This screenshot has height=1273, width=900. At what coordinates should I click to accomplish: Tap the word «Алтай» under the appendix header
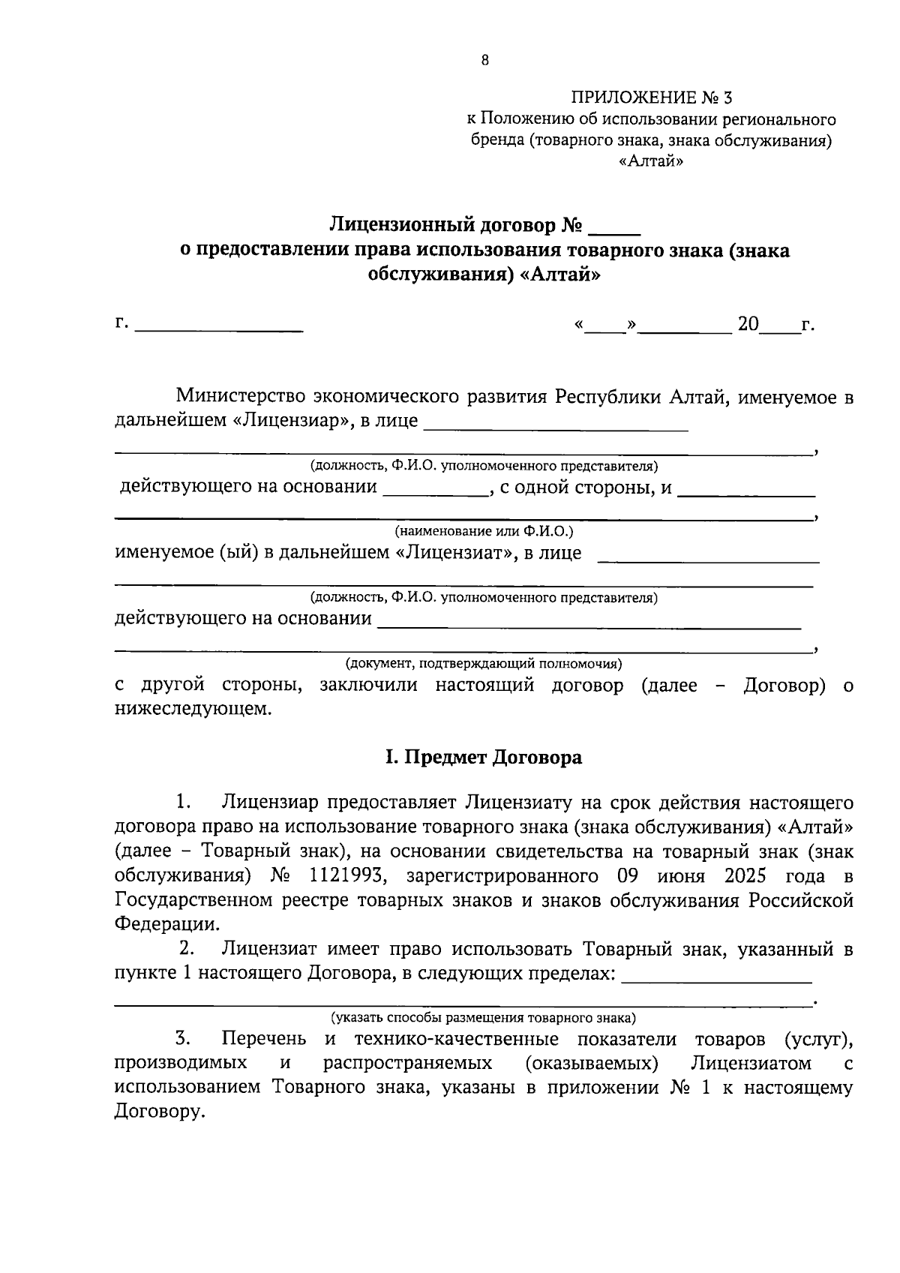(652, 161)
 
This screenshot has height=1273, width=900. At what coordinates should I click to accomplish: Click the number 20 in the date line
(748, 325)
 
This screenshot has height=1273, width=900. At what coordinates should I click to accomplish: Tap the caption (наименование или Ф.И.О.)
(484, 532)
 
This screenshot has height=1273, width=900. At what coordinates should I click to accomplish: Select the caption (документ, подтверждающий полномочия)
(484, 664)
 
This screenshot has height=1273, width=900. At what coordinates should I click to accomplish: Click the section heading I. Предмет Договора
(484, 757)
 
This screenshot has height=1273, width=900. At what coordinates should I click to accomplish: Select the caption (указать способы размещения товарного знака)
(484, 1018)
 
